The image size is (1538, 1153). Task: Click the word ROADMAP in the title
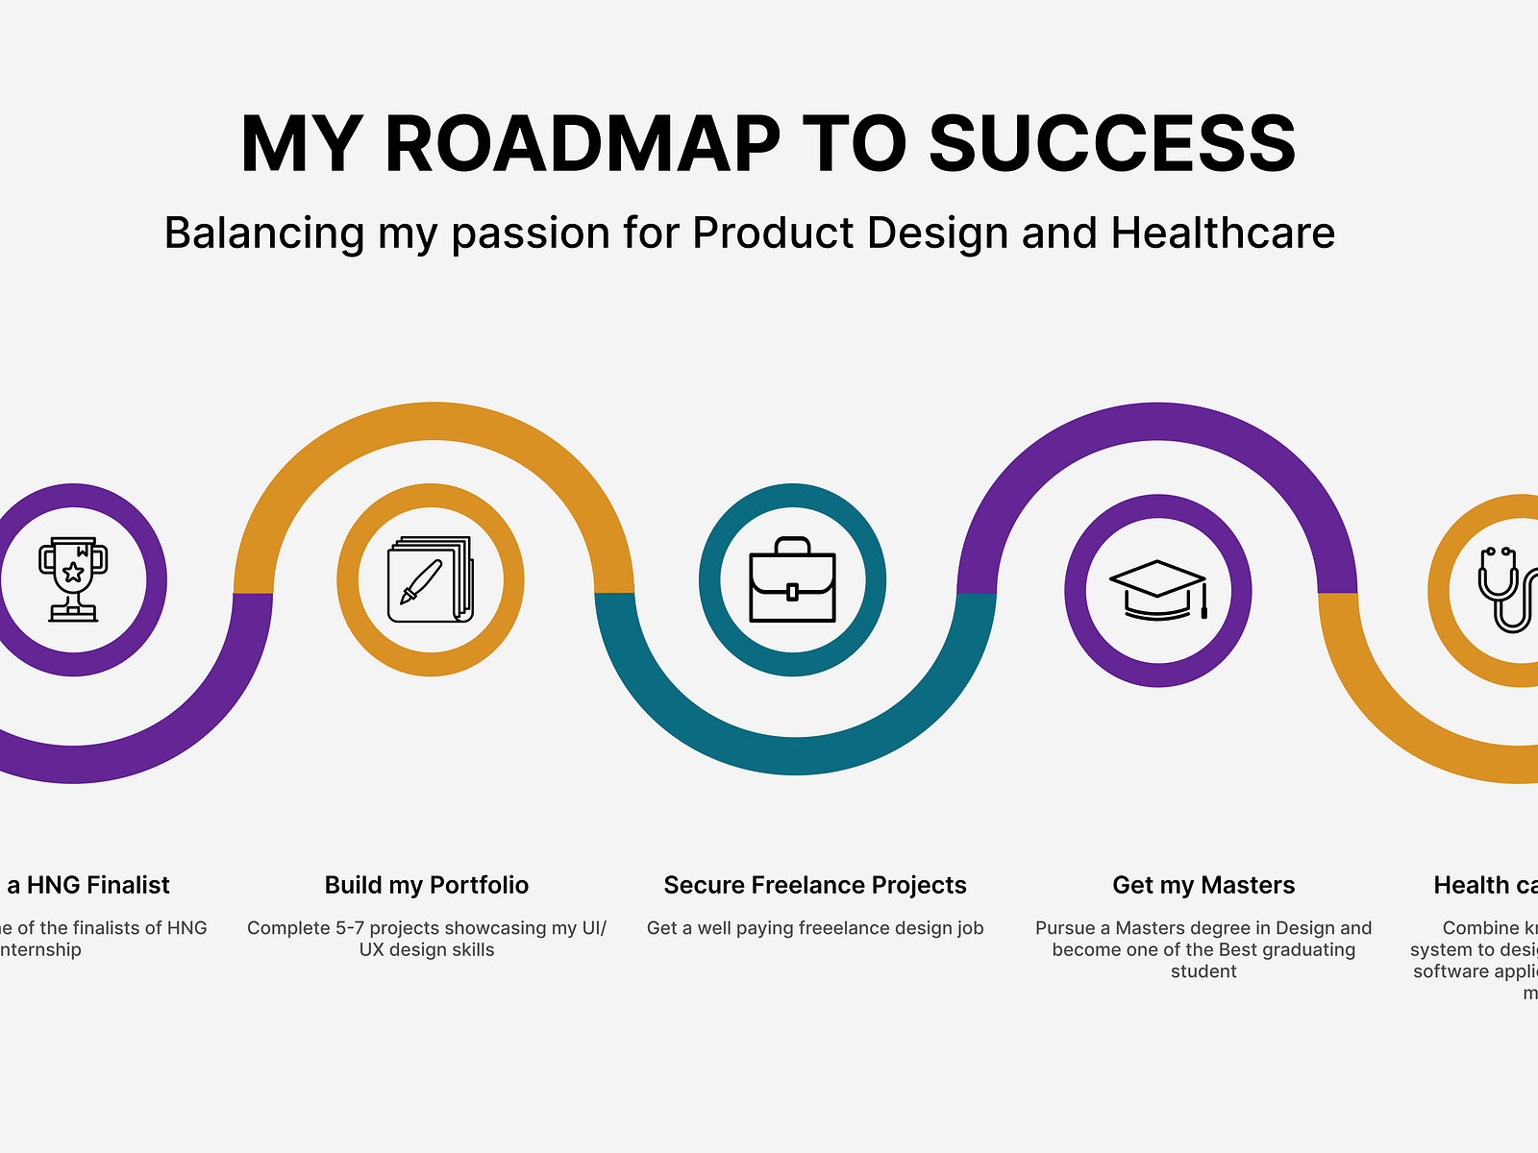(x=582, y=144)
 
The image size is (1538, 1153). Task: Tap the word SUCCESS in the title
(x=1112, y=144)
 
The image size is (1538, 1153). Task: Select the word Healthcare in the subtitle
(x=1223, y=233)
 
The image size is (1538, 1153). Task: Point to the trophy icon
(x=73, y=579)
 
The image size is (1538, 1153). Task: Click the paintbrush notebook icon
(x=430, y=579)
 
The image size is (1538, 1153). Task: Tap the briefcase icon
(x=792, y=579)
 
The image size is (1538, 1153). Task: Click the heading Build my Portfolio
(x=427, y=885)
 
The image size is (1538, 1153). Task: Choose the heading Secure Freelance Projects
(x=815, y=885)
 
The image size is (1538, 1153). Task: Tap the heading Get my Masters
(x=1203, y=885)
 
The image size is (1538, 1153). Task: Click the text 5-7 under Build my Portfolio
(x=350, y=928)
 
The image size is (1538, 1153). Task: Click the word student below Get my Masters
(x=1203, y=971)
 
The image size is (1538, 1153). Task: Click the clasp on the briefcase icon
(x=792, y=591)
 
